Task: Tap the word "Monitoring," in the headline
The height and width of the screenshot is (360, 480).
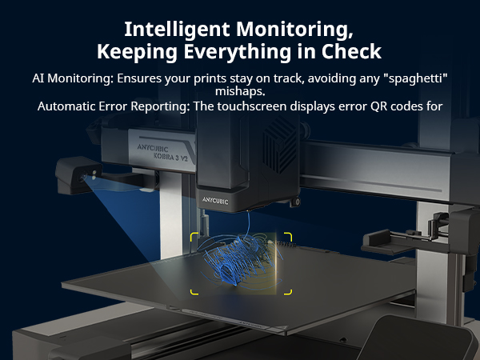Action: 294,30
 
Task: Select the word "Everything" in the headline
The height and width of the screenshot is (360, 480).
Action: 238,52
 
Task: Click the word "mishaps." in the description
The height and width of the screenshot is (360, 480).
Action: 240,92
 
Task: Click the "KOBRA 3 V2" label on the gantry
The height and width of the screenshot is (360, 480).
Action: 170,157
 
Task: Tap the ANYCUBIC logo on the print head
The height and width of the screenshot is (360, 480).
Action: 215,201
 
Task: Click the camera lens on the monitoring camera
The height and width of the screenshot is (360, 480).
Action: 82,177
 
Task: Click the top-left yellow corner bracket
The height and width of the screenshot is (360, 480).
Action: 194,237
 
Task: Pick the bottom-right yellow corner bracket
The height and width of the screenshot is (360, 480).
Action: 288,291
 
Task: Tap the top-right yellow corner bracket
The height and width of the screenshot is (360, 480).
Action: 288,237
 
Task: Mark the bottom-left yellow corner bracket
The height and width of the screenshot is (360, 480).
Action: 194,291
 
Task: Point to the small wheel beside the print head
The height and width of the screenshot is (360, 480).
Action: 296,202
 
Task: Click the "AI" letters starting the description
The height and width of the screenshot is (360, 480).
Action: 38,78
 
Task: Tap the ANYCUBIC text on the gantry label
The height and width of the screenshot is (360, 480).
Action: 153,148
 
